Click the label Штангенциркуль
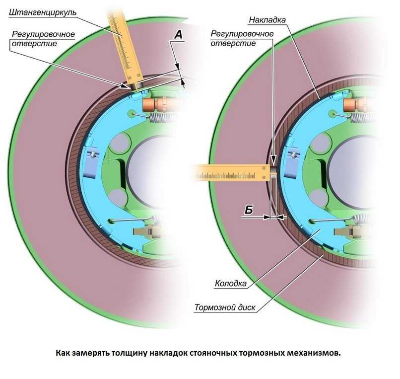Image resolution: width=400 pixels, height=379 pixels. tap(43, 11)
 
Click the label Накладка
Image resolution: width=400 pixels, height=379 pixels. tap(267, 21)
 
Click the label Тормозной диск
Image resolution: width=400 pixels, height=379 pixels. tap(225, 307)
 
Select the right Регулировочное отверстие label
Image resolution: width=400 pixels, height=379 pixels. tap(242, 39)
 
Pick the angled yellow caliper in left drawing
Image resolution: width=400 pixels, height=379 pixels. tap(125, 47)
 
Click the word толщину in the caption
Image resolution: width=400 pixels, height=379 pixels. tap(153, 353)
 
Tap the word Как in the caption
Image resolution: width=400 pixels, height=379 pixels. tap(64, 353)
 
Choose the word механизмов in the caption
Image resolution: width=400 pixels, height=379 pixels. tap(314, 353)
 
